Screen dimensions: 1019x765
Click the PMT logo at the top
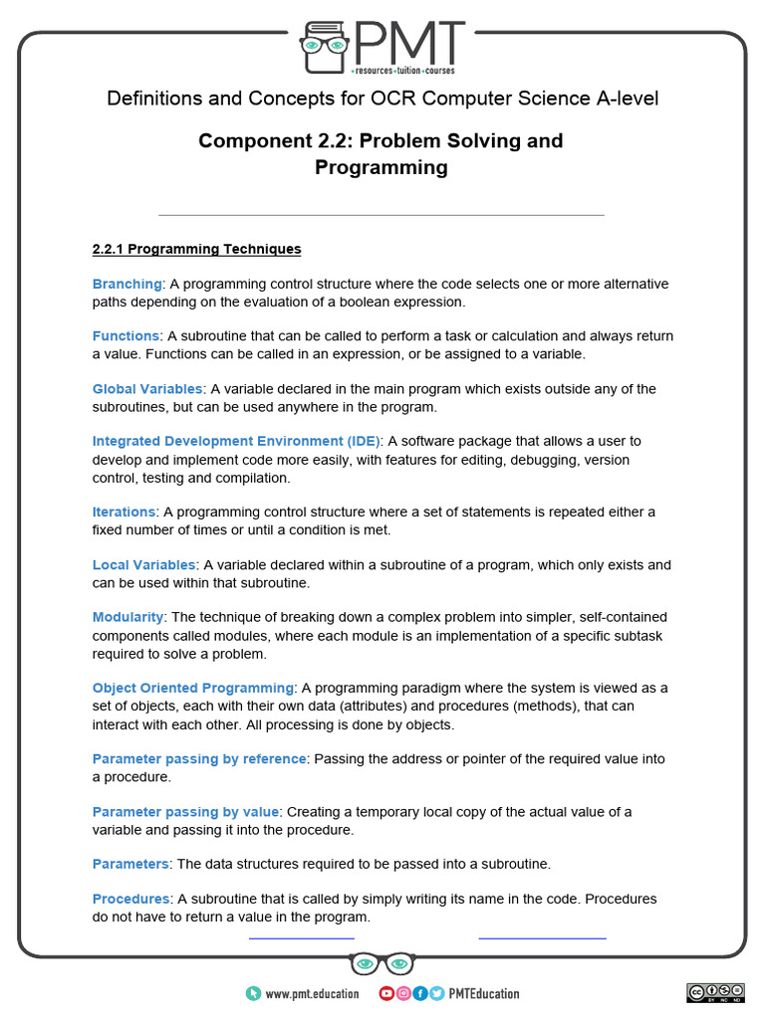pyautogui.click(x=382, y=47)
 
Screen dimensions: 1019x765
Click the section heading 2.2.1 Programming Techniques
pyautogui.click(x=196, y=249)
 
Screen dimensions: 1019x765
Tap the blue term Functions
pyautogui.click(x=126, y=336)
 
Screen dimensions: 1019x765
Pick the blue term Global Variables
pyautogui.click(x=147, y=389)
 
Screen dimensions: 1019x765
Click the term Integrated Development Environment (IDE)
pyautogui.click(x=236, y=441)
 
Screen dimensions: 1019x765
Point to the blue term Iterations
pyautogui.click(x=124, y=511)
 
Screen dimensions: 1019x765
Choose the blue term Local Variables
pyautogui.click(x=144, y=564)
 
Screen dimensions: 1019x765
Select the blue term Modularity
pyautogui.click(x=127, y=617)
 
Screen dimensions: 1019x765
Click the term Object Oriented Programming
pyautogui.click(x=193, y=688)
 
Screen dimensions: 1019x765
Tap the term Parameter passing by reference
pyautogui.click(x=199, y=758)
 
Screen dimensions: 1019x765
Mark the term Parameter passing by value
pyautogui.click(x=186, y=811)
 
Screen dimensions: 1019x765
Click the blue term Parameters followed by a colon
pyautogui.click(x=131, y=864)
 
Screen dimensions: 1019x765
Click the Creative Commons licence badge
pyautogui.click(x=714, y=992)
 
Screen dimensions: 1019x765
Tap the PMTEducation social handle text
pyautogui.click(x=484, y=993)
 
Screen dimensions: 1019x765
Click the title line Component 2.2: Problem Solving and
pyautogui.click(x=381, y=140)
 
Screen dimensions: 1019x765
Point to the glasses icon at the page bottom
pyautogui.click(x=382, y=963)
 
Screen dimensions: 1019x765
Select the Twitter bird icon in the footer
pyautogui.click(x=436, y=993)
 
